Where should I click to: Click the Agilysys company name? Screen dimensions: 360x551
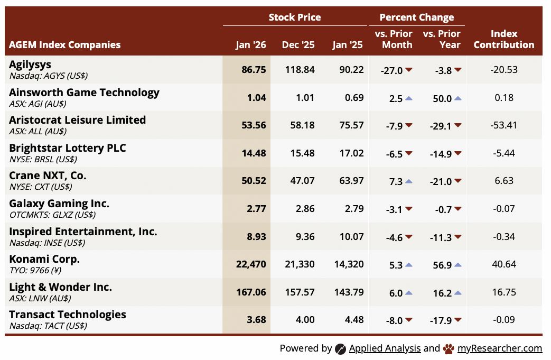(x=30, y=64)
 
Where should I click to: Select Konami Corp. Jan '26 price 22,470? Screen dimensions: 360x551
(x=251, y=264)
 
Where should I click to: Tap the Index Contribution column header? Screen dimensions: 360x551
(x=503, y=39)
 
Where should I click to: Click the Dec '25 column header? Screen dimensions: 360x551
(x=299, y=45)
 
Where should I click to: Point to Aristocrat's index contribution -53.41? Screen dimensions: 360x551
(x=503, y=125)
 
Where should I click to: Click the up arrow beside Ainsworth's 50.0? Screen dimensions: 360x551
(x=457, y=98)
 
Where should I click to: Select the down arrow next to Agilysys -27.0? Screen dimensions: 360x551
(x=409, y=70)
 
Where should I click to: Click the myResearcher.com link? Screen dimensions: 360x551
(x=500, y=348)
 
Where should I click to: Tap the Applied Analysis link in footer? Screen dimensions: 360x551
(x=385, y=348)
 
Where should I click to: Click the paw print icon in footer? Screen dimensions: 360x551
(x=449, y=348)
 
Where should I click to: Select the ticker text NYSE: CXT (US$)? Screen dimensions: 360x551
(x=41, y=187)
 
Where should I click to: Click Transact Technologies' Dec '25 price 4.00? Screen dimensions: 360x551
(x=305, y=320)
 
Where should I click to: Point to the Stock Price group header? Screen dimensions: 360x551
(x=294, y=17)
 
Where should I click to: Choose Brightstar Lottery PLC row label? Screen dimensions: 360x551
(x=68, y=148)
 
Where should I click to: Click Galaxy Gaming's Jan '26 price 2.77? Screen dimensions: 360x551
(x=256, y=209)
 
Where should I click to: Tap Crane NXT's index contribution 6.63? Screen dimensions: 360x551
(x=503, y=181)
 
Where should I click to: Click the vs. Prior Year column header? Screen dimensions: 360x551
(x=442, y=39)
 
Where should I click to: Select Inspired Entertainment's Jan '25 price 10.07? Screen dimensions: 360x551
(x=351, y=237)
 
